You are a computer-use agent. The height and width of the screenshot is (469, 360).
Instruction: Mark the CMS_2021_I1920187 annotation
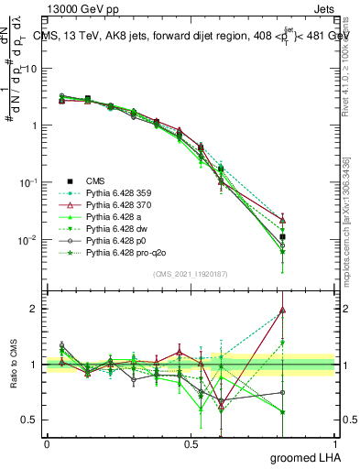click(x=191, y=274)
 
